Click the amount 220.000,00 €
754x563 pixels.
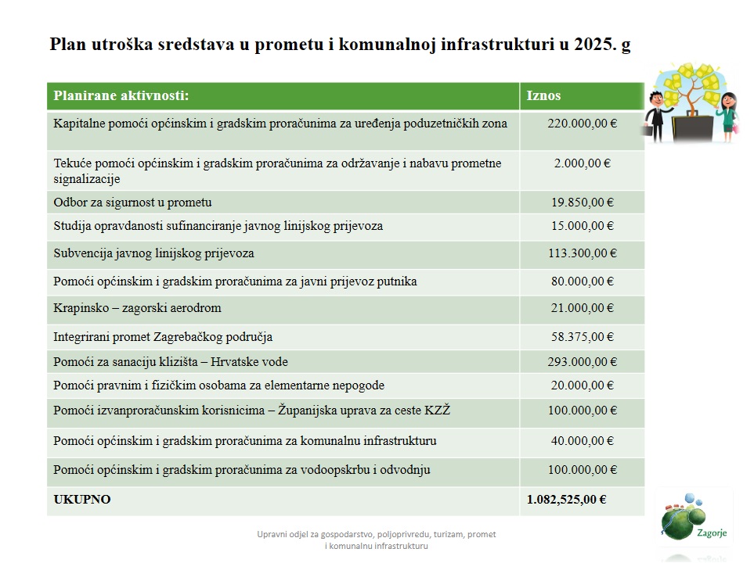pos(582,124)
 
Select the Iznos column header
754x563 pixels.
pos(543,96)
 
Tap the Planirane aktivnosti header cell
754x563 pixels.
pos(121,96)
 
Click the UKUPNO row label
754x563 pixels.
pos(82,500)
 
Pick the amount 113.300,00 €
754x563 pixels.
pos(582,253)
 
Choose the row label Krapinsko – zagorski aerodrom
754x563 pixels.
pos(137,308)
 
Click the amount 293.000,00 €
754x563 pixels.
pos(582,362)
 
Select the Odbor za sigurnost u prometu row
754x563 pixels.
pos(132,203)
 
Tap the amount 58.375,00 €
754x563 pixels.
pos(582,337)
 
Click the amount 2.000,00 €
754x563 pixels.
pos(582,163)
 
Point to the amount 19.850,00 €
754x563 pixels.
pos(582,203)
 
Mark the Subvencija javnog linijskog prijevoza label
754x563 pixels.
pos(153,253)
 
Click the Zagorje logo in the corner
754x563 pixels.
pos(687,520)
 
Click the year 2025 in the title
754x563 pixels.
pos(591,45)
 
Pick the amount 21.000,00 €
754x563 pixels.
pos(582,308)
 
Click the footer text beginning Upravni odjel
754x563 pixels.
pos(376,540)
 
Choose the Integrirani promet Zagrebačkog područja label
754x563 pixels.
pos(163,337)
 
